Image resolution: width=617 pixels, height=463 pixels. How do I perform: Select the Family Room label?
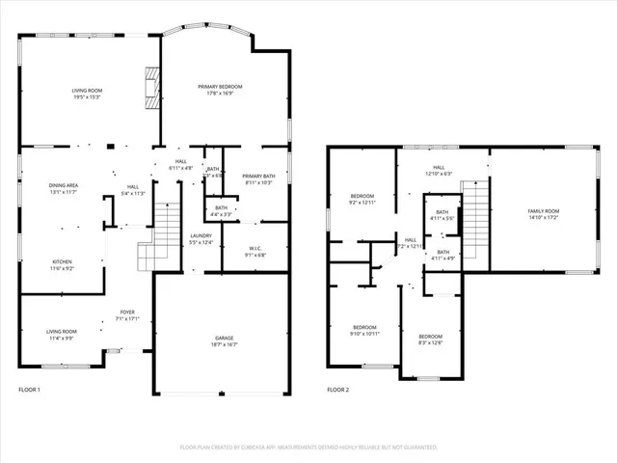click(x=543, y=210)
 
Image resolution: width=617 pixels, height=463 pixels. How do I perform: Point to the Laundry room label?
click(x=201, y=235)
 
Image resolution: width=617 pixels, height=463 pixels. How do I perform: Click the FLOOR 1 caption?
click(x=31, y=390)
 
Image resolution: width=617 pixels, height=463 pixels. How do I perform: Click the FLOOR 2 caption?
click(x=337, y=390)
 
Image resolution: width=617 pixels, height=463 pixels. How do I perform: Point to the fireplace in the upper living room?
click(x=149, y=88)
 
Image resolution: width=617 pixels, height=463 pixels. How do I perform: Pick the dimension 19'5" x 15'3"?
click(x=87, y=96)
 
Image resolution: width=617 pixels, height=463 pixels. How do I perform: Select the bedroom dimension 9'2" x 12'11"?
click(x=362, y=204)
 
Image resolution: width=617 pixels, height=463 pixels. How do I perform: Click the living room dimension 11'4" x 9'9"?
click(x=63, y=338)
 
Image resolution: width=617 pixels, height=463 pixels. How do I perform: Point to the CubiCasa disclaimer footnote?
click(x=308, y=448)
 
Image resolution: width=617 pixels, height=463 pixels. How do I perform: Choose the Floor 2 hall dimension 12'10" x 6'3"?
click(x=439, y=174)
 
